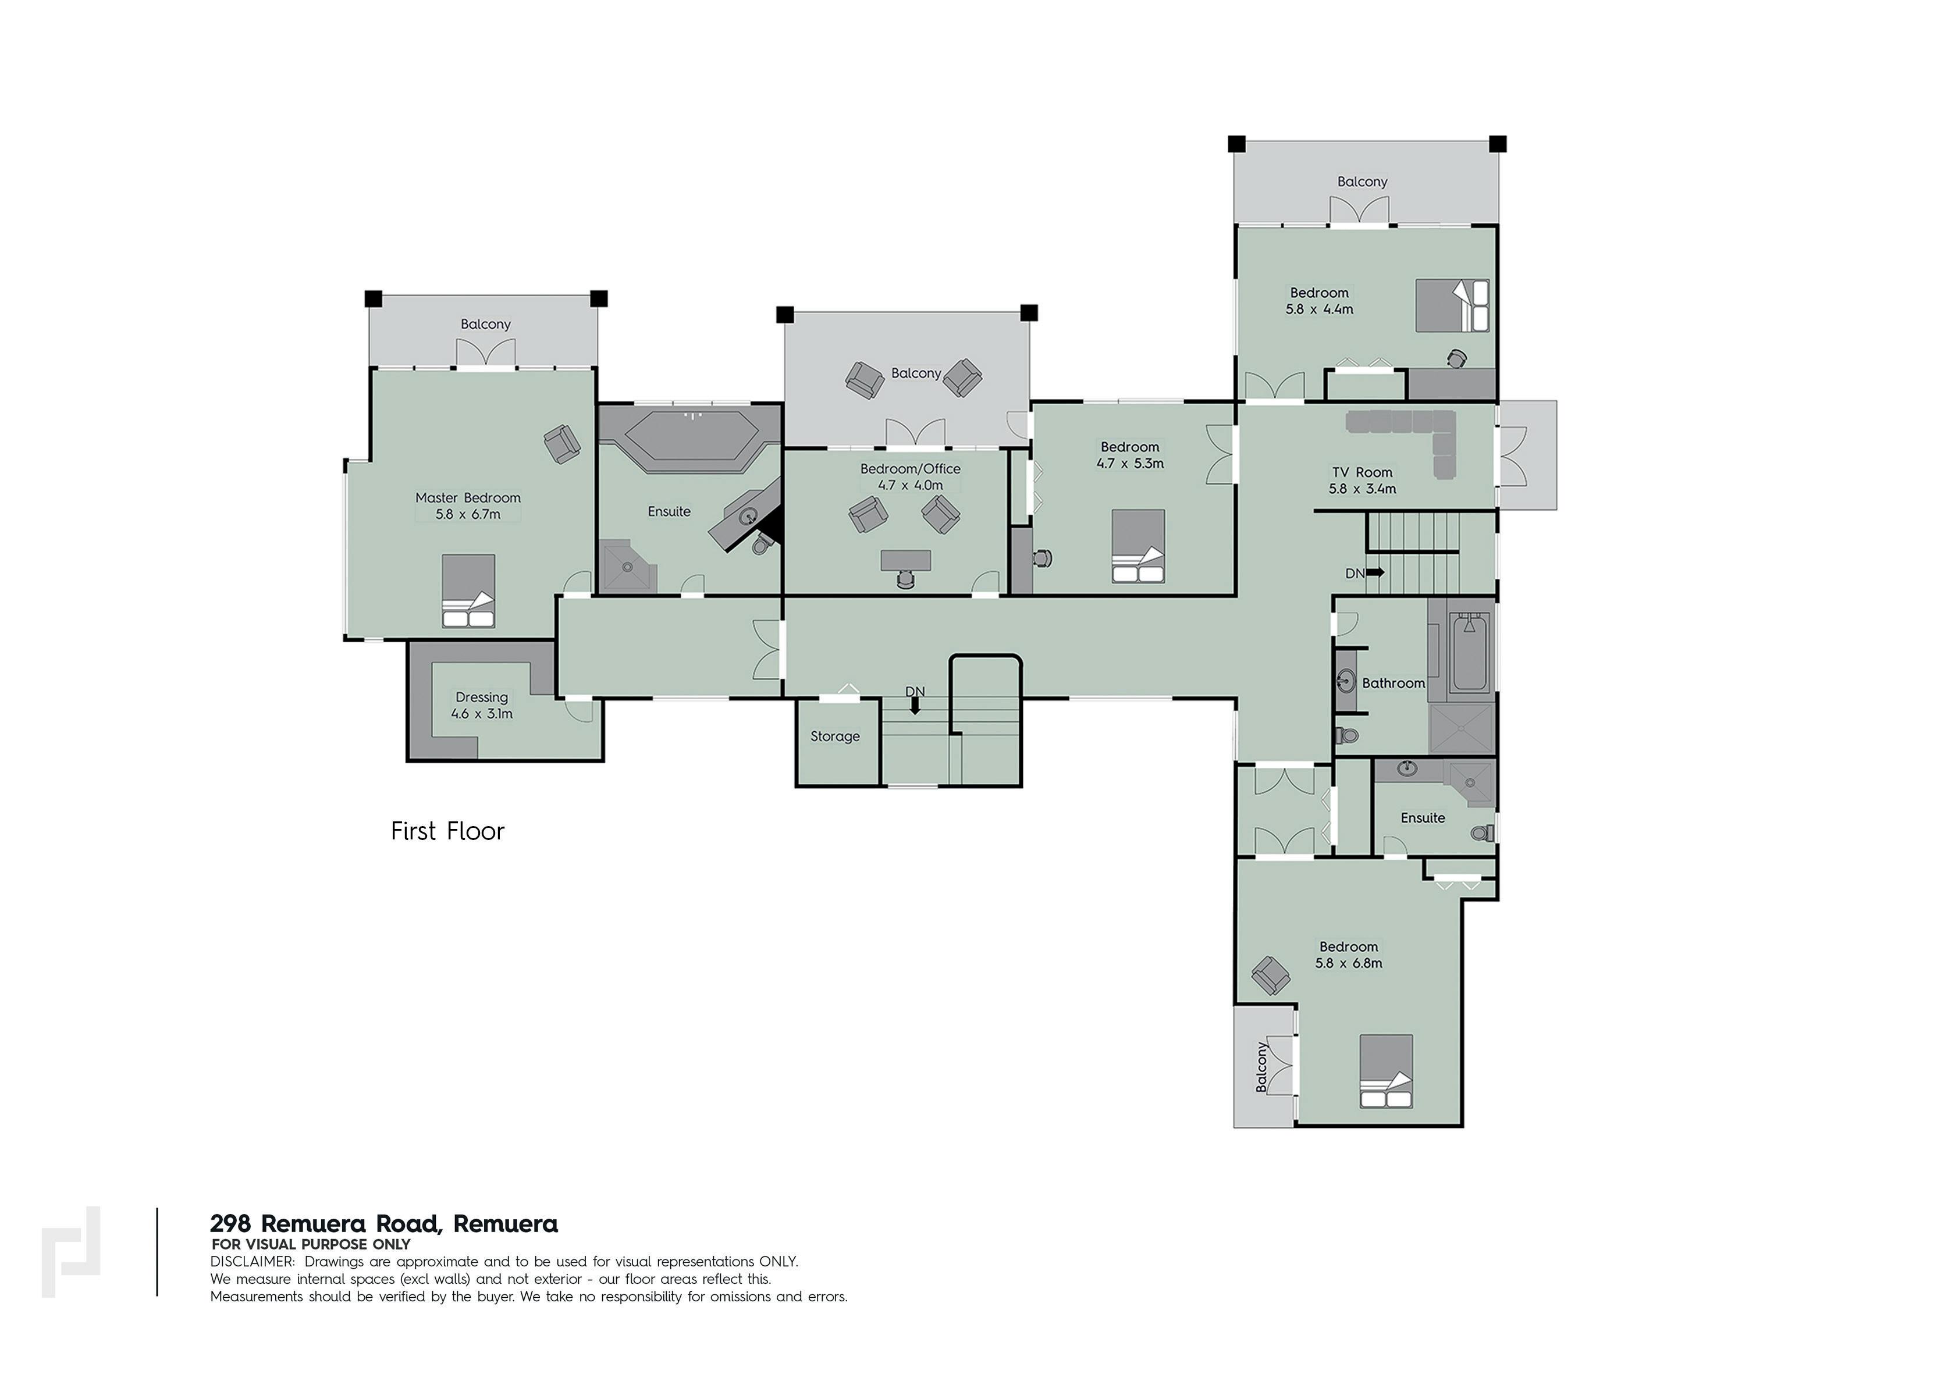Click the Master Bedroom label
468,497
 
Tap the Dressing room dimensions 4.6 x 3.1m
481,713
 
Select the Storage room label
835,736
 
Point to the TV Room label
1362,472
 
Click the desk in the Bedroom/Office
905,560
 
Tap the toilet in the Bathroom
1346,734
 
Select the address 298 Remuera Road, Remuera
384,1223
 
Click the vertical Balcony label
1261,1067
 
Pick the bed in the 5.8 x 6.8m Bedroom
1386,1071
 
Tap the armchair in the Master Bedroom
561,443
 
